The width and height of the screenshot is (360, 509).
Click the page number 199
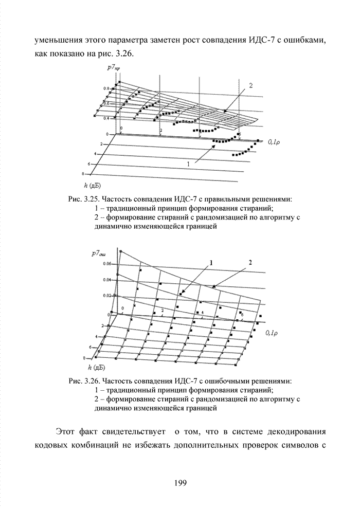[179, 482]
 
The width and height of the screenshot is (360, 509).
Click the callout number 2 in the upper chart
[251, 86]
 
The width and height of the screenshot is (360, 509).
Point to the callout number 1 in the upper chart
[188, 163]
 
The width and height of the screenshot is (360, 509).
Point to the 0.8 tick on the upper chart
[106, 89]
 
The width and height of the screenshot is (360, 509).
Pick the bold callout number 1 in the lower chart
[211, 262]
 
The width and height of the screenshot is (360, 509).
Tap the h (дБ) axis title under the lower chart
[97, 367]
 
